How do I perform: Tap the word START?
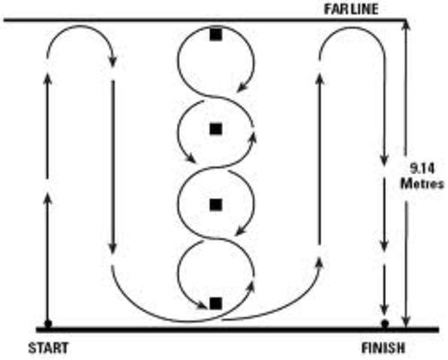tap(48, 348)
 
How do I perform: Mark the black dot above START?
tap(48, 324)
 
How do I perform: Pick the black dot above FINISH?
tap(385, 324)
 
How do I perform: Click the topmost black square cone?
tap(216, 34)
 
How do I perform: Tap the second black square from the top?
tap(216, 129)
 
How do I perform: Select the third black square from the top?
tap(216, 204)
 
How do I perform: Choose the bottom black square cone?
tap(216, 303)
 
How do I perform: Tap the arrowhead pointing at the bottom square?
tap(203, 304)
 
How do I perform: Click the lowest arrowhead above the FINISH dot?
tap(385, 309)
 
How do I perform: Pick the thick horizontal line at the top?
tap(203, 19)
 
